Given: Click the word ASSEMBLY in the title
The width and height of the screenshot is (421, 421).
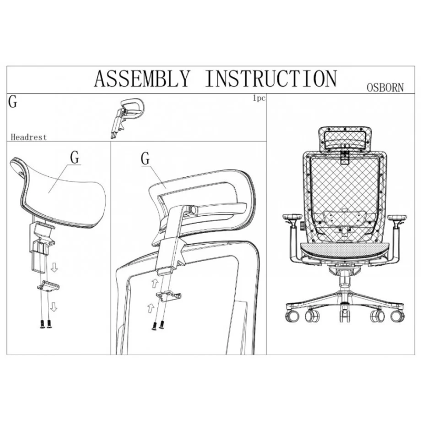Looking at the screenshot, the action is click(x=142, y=78).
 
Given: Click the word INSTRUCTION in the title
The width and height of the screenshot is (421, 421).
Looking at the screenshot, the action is click(x=271, y=78).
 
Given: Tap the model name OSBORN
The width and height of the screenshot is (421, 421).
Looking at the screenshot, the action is click(x=385, y=87).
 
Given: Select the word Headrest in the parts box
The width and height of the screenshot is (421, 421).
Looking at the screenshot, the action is click(x=28, y=137).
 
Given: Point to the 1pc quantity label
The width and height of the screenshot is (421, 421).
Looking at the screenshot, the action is click(x=259, y=98).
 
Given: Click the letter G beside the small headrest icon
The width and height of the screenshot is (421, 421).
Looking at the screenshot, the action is click(x=13, y=102).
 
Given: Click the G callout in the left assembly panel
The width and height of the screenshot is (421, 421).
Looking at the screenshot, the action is click(x=75, y=157).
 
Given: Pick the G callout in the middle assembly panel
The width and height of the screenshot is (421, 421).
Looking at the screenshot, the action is click(x=145, y=158).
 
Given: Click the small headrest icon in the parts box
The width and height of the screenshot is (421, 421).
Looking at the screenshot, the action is click(x=127, y=117).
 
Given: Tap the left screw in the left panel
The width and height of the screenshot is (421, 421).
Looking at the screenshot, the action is click(x=43, y=324).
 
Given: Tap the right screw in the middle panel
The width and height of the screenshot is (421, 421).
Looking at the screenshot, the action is click(x=161, y=325).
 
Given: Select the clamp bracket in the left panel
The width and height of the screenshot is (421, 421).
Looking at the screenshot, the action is click(x=48, y=285).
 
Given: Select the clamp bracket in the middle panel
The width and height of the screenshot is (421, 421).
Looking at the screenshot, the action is click(x=168, y=296).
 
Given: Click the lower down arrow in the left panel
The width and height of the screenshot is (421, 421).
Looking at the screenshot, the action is click(x=54, y=306).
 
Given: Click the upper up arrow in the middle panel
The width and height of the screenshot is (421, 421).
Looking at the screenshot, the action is click(x=155, y=283).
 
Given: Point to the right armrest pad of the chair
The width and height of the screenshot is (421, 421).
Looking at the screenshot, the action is click(x=397, y=217).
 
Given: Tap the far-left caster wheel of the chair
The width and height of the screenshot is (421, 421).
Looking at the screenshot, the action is click(x=293, y=316).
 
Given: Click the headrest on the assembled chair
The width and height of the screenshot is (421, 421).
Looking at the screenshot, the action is click(x=345, y=139).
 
